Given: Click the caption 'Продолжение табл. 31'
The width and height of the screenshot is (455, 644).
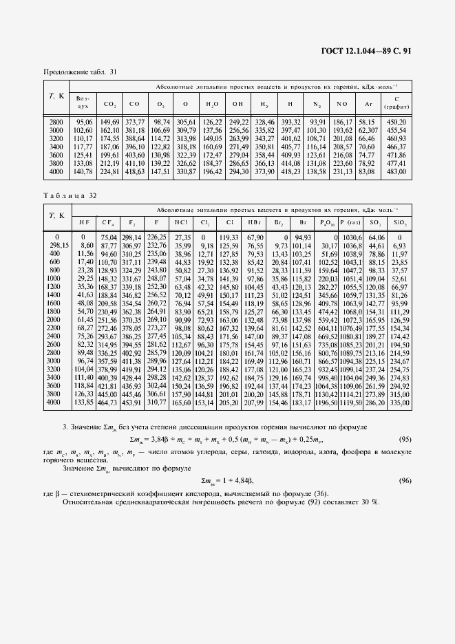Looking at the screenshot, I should click(x=81, y=72).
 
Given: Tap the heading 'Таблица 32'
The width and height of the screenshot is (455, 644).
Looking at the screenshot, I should click(x=67, y=196).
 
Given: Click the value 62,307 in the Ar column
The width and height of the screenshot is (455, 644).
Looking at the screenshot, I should click(x=367, y=130).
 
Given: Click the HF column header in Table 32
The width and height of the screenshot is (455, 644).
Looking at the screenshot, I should click(x=83, y=222).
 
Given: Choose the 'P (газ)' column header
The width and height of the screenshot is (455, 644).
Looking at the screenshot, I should click(x=349, y=222).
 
